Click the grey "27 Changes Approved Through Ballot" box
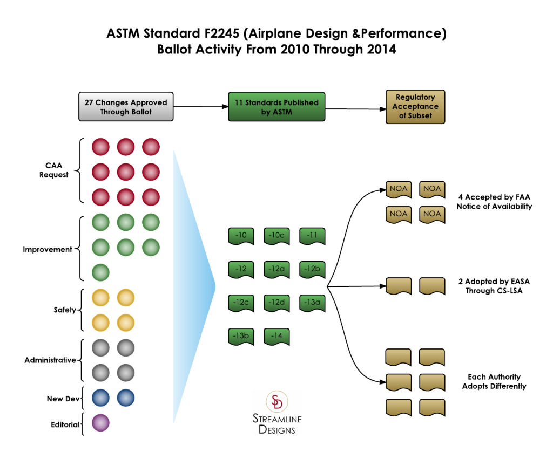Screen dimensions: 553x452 [126, 107]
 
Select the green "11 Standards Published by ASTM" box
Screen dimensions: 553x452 [276, 107]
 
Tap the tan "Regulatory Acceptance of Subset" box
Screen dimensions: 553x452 [415, 107]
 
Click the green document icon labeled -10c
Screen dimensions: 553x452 [276, 236]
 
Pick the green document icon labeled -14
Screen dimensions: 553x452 [276, 337]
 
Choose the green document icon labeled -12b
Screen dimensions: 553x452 [312, 270]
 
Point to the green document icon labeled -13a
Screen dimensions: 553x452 [312, 303]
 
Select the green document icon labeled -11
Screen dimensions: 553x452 [312, 236]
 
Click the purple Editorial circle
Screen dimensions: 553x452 [100, 423]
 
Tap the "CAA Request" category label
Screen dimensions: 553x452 [54, 170]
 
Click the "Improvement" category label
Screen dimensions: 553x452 [48, 249]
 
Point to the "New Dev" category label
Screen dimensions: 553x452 [63, 399]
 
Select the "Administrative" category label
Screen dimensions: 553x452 [50, 360]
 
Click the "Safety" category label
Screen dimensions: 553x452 [65, 310]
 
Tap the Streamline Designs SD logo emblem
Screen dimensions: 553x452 [277, 401]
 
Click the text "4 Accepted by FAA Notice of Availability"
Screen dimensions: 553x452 [495, 202]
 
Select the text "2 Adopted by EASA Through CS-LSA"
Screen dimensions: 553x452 [494, 286]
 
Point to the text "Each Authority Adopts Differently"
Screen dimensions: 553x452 [494, 381]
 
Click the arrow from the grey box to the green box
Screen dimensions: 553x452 [201, 106]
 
